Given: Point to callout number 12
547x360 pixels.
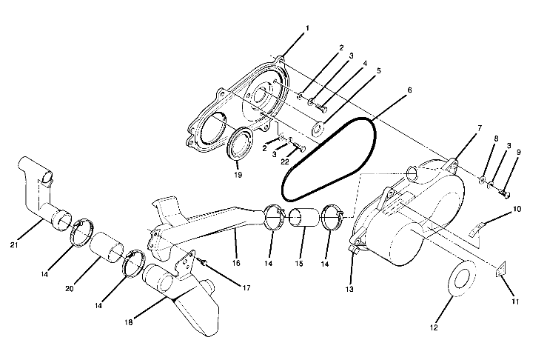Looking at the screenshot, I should point(434,327).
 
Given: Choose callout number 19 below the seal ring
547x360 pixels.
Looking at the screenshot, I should point(238,175).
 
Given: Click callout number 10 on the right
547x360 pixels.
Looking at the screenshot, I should point(517,209).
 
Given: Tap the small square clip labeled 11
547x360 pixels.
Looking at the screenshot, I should point(500,271).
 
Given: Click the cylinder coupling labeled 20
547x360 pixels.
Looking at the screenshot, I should point(107,249).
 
